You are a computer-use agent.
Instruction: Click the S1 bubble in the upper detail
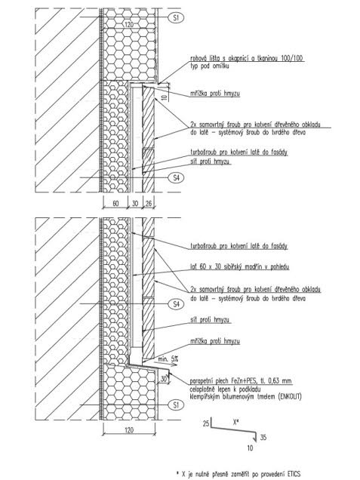176,17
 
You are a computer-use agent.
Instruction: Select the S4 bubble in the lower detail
176,304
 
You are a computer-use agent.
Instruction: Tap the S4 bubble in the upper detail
176,177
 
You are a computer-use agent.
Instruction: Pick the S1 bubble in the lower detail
176,405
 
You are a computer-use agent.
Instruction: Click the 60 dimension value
115,203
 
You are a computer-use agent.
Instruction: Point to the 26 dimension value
149,203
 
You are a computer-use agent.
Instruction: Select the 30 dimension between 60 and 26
135,203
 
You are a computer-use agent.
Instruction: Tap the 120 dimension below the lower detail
129,429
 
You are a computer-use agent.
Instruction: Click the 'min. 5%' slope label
168,359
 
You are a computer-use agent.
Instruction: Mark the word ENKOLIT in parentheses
290,397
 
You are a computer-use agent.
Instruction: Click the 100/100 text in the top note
292,58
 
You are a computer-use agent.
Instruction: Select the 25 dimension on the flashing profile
206,423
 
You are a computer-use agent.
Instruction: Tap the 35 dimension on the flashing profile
263,437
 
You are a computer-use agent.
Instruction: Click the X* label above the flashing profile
235,422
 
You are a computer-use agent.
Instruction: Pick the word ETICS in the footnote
294,474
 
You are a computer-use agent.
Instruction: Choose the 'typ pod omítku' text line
209,66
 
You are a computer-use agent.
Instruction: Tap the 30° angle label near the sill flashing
164,379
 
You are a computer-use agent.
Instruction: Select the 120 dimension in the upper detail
129,24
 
